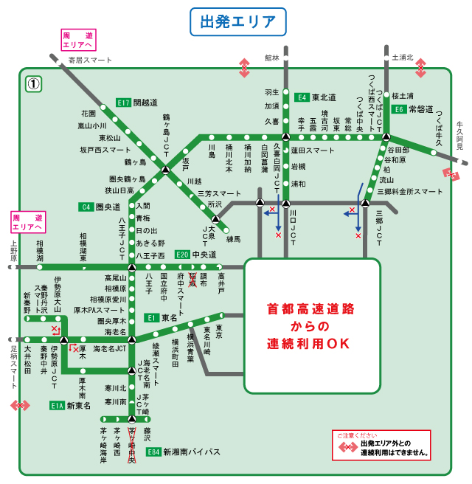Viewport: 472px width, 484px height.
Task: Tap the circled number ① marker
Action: pyautogui.click(x=34, y=83)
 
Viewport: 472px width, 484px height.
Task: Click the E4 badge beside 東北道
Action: pyautogui.click(x=302, y=97)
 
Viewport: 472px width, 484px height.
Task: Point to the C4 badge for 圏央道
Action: pyautogui.click(x=86, y=207)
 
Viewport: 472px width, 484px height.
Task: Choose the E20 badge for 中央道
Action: pyautogui.click(x=182, y=255)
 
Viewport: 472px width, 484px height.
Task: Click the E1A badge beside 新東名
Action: pyautogui.click(x=58, y=405)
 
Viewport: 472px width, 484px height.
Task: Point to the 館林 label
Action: pyautogui.click(x=273, y=57)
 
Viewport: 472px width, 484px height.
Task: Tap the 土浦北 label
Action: pyautogui.click(x=402, y=57)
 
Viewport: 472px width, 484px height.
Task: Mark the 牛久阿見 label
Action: pyautogui.click(x=460, y=136)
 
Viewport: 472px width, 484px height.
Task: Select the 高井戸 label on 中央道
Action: pyautogui.click(x=221, y=282)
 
